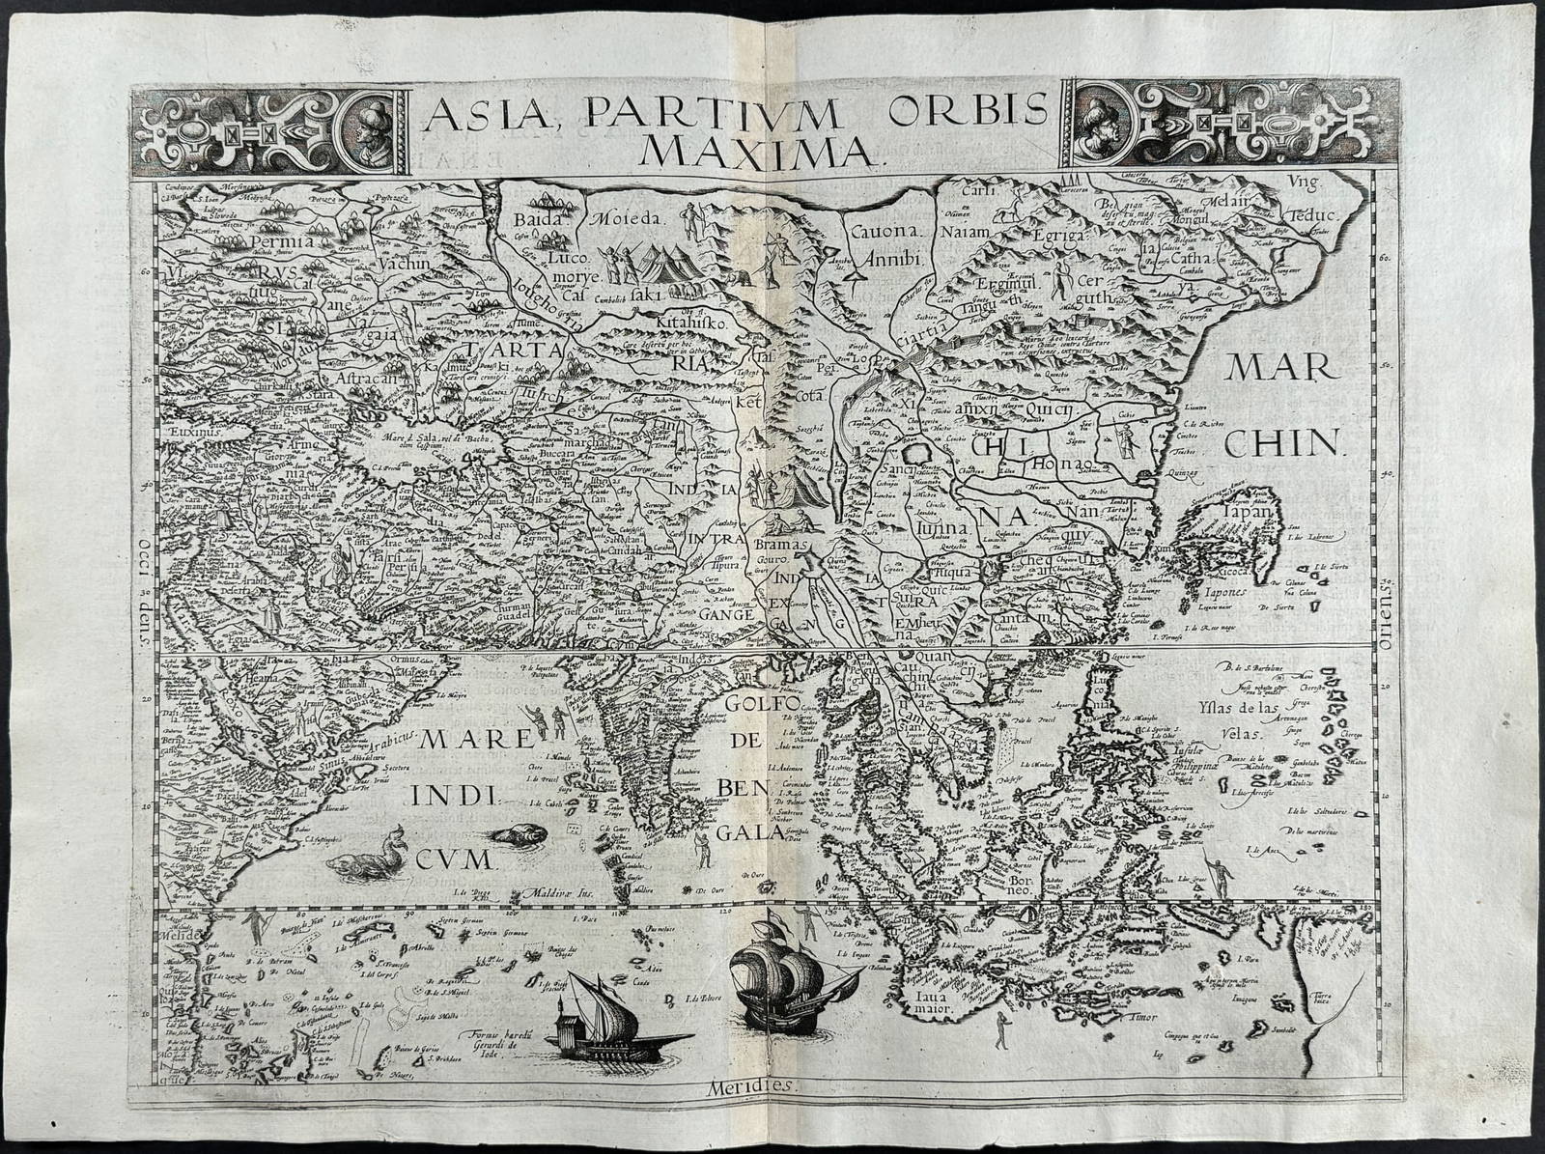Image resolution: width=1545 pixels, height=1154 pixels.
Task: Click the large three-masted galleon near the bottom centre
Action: (x=786, y=975)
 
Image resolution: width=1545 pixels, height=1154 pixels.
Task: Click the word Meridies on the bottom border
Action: (x=760, y=1112)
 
